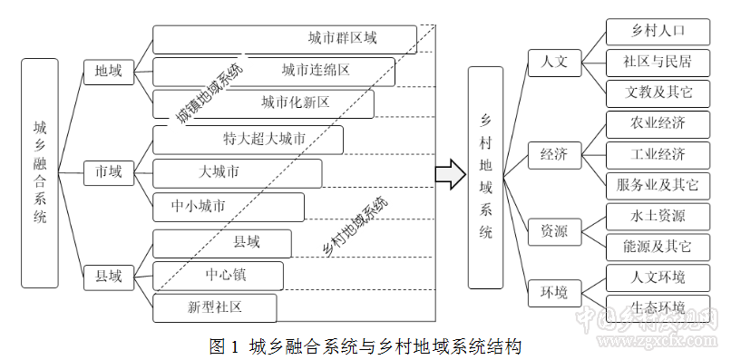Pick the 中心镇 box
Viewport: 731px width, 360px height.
coord(219,275)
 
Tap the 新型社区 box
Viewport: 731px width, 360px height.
coord(214,307)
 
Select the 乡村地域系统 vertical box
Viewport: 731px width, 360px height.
coord(485,177)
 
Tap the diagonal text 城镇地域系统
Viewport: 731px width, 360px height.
coord(210,93)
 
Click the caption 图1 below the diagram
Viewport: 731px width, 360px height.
coord(224,345)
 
